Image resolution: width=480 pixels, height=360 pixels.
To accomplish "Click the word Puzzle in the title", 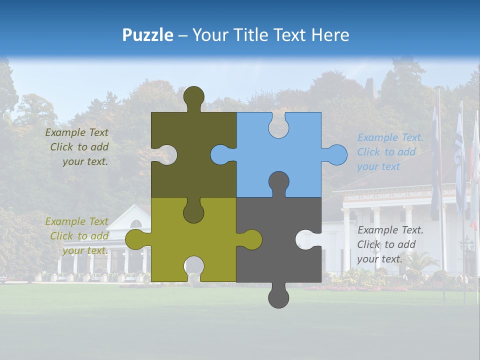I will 147,35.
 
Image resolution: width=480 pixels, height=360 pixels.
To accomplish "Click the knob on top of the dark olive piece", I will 194,96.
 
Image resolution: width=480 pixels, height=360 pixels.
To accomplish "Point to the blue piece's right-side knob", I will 336,154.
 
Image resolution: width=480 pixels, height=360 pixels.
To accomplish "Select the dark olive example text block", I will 77,147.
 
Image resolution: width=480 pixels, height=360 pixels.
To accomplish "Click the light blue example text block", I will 390,152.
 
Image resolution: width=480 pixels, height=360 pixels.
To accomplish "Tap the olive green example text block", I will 77,236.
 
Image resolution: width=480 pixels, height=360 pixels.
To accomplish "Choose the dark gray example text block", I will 390,244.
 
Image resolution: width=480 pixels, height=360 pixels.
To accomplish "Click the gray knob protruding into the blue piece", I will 278,182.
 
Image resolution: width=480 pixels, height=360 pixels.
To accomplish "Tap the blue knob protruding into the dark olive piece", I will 220,154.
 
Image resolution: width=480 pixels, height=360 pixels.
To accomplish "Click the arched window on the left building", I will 135,224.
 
